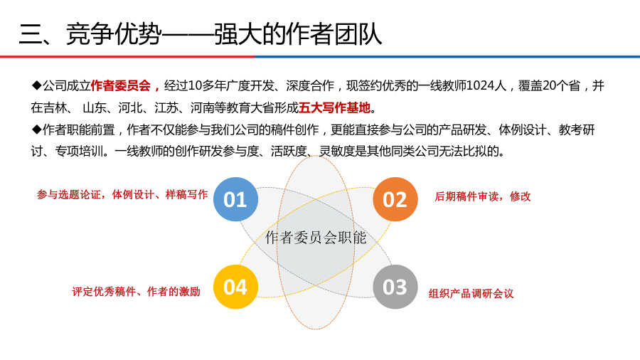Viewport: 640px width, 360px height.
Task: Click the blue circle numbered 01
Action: (235, 199)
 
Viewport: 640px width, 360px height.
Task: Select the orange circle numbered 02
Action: (395, 199)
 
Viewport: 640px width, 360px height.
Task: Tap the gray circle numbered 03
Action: (395, 287)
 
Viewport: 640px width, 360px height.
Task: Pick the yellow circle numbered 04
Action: (235, 287)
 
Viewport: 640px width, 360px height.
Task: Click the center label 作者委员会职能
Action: (316, 238)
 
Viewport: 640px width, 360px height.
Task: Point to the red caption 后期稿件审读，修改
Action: (482, 196)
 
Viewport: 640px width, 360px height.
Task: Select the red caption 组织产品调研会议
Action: (471, 293)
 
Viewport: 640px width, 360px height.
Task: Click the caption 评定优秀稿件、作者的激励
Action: (136, 291)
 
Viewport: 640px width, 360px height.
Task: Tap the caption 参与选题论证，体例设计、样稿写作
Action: (122, 194)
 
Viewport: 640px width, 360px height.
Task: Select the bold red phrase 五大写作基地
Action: (335, 108)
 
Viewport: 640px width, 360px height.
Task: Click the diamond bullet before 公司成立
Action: (36, 86)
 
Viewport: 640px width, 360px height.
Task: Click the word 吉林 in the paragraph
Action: (54, 108)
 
